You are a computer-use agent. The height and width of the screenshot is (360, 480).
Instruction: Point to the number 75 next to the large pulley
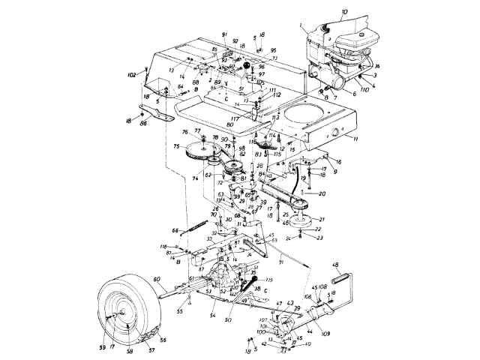(x=177, y=147)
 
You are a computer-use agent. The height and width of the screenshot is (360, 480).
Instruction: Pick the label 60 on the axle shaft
(x=157, y=279)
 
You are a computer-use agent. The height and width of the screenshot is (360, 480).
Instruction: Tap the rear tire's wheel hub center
(x=122, y=316)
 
